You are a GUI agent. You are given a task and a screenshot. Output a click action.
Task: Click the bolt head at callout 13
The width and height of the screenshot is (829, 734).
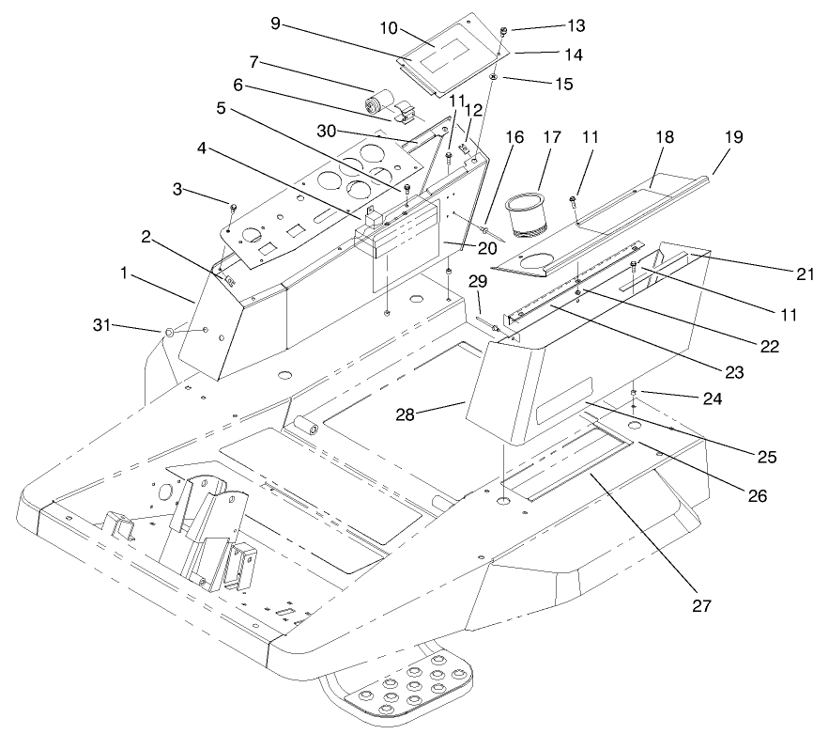pyautogui.click(x=504, y=31)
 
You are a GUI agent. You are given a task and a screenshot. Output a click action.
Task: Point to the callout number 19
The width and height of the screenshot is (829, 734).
pyautogui.click(x=732, y=137)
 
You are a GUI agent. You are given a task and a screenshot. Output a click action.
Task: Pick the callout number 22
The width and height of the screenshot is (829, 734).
pyautogui.click(x=769, y=346)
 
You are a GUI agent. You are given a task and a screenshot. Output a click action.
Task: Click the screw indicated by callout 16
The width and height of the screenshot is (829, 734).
pyautogui.click(x=485, y=228)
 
